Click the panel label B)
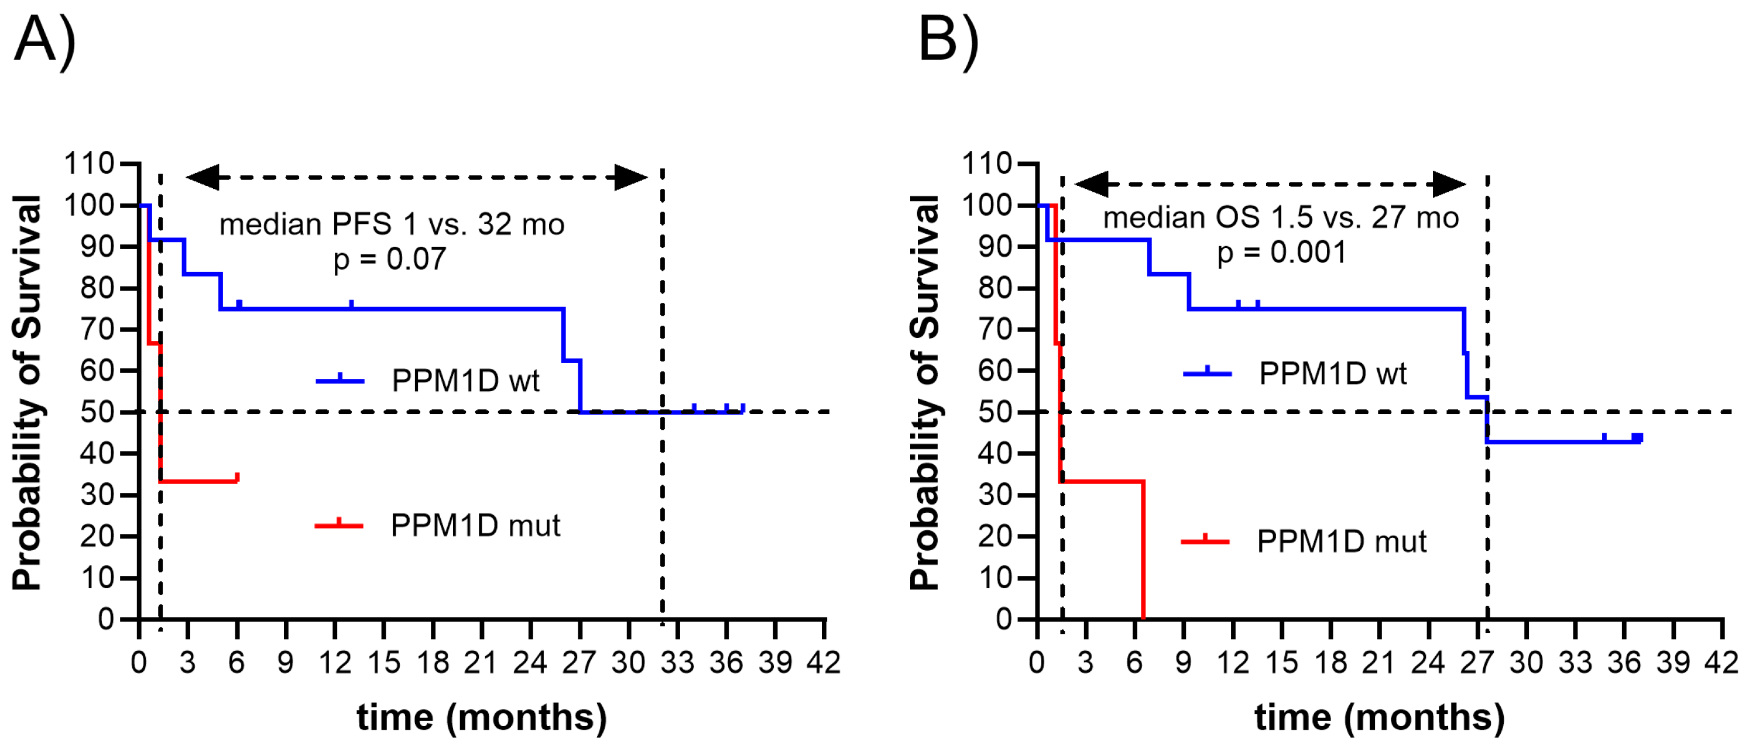948,41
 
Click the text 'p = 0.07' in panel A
390,259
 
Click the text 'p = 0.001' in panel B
1281,253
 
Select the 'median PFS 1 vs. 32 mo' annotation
392,225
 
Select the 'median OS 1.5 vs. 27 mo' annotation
1281,218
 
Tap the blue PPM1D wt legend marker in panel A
340,381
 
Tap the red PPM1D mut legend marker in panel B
1205,541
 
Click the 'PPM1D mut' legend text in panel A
475,526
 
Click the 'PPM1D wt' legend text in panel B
1332,374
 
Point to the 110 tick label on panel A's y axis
88,164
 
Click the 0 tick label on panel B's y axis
1003,619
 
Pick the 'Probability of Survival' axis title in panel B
925,392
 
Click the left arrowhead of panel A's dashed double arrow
203,178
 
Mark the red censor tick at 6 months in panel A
237,477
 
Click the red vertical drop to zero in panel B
1143,550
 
